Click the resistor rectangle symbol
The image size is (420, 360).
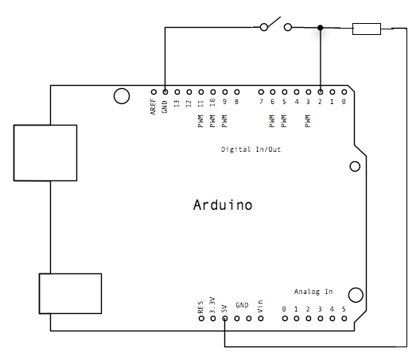(367, 29)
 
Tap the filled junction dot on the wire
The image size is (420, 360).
(320, 28)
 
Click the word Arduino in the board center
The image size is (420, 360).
(223, 205)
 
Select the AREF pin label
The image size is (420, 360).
(153, 106)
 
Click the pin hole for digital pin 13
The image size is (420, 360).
(177, 92)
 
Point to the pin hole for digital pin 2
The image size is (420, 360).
(320, 92)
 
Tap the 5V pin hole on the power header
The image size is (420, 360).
(225, 319)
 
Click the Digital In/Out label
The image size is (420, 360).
(251, 149)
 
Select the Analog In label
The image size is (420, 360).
(313, 292)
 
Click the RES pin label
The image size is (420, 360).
(200, 307)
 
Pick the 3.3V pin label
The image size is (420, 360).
(212, 305)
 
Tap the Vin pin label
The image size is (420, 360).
(260, 306)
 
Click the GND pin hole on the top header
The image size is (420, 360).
(165, 92)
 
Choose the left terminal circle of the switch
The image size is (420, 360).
(264, 27)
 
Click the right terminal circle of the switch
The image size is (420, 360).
(288, 27)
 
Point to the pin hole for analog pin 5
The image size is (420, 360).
(344, 319)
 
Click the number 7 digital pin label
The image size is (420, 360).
(261, 102)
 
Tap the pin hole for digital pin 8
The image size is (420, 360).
(237, 92)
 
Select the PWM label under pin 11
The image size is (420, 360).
(200, 121)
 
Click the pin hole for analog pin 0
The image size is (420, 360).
(285, 319)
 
